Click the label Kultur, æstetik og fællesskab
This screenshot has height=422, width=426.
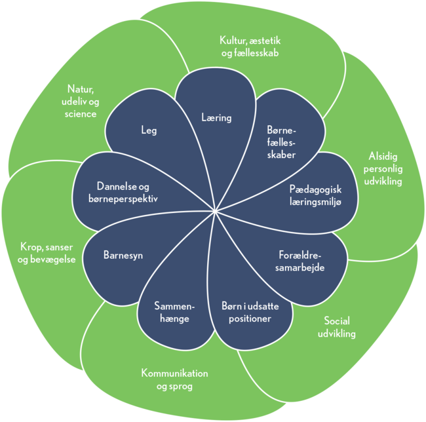point(250,47)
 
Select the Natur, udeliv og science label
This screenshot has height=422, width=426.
point(82,101)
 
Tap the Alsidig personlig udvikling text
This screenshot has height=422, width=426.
point(383,168)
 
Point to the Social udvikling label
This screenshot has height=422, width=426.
point(339,327)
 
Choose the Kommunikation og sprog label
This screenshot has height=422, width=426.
point(174,379)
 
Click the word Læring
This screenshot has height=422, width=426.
point(216,118)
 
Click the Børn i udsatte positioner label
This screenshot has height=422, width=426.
point(247,312)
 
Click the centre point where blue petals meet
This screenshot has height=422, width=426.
point(215,211)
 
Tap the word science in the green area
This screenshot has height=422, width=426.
point(82,113)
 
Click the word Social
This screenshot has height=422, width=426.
point(337,321)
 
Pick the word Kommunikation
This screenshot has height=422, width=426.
point(174,374)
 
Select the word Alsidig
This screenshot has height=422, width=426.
point(383,157)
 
